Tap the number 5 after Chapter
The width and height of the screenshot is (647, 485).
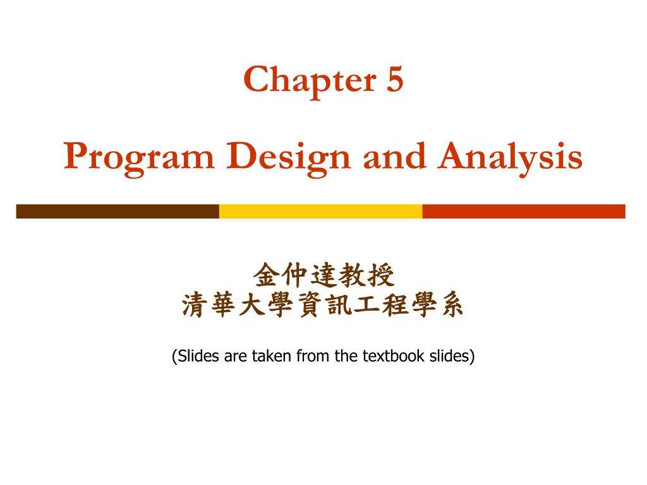[392, 80]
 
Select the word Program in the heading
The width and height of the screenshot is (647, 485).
[138, 157]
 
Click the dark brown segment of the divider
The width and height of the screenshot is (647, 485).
[118, 211]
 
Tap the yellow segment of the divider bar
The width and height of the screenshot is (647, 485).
[320, 211]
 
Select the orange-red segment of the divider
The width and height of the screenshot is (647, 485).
[523, 211]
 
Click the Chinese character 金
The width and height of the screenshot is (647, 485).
[266, 275]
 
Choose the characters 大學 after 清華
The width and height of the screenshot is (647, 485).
[266, 307]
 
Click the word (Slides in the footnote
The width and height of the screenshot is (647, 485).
[196, 356]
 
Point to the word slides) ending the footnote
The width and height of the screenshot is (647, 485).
[452, 356]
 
